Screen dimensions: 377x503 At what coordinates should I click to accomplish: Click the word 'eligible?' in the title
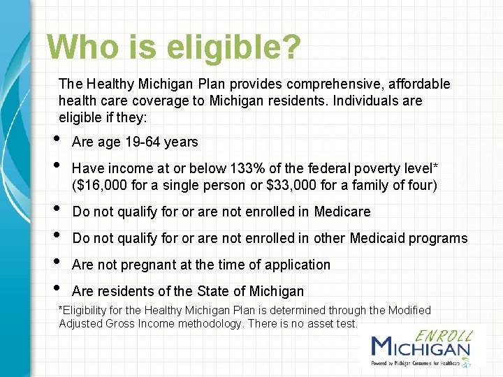[x=234, y=47]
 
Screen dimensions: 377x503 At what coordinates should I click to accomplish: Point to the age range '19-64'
[x=143, y=142]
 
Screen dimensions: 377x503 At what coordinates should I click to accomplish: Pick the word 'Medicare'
[x=342, y=212]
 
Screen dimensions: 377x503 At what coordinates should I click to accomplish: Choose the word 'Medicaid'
[x=377, y=238]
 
